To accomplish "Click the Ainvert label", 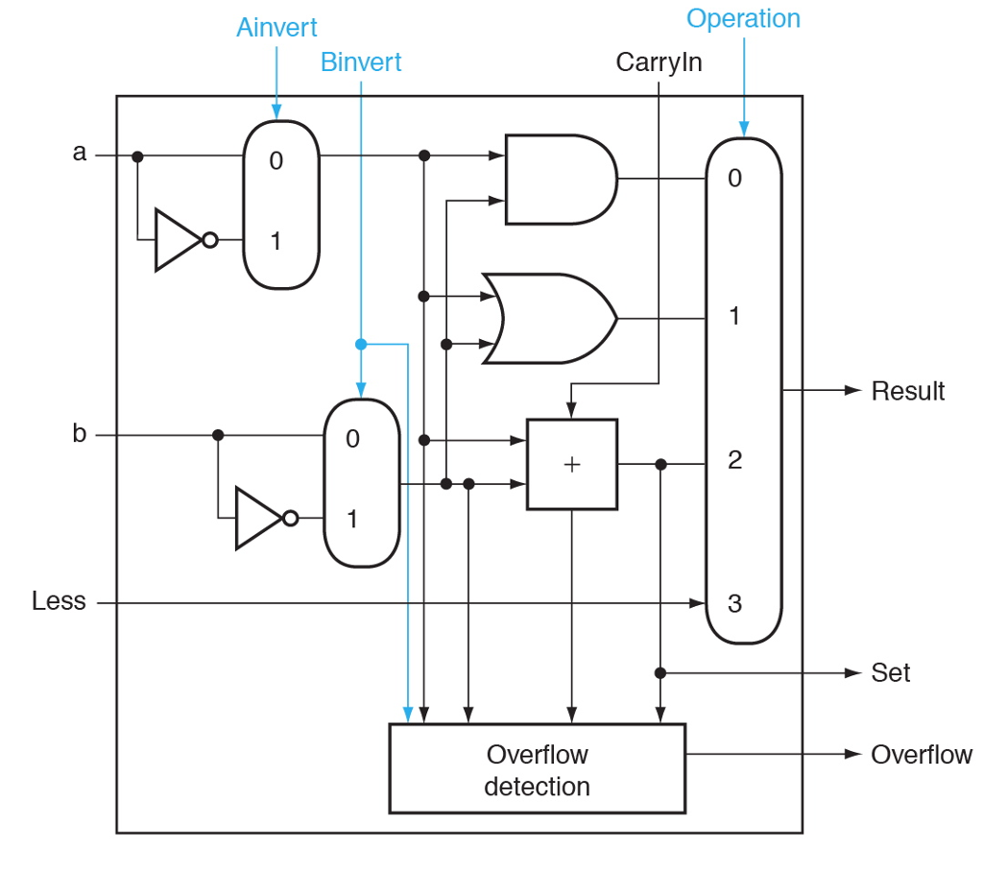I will point(276,27).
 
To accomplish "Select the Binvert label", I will point(361,63).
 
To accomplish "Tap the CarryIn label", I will point(659,63).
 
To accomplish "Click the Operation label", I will point(743,18).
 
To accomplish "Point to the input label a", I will point(80,152).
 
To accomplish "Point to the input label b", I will point(80,433).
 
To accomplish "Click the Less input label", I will point(59,601).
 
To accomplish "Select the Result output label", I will point(907,391).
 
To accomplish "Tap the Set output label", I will point(890,672).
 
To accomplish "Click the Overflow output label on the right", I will point(921,755).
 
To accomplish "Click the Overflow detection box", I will point(537,769).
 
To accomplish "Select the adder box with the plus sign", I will point(572,465).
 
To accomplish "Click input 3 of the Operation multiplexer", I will point(734,603).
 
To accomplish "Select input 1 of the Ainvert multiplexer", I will point(276,240).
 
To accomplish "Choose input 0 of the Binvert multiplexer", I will point(352,439).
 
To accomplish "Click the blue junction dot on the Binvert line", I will point(361,344).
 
